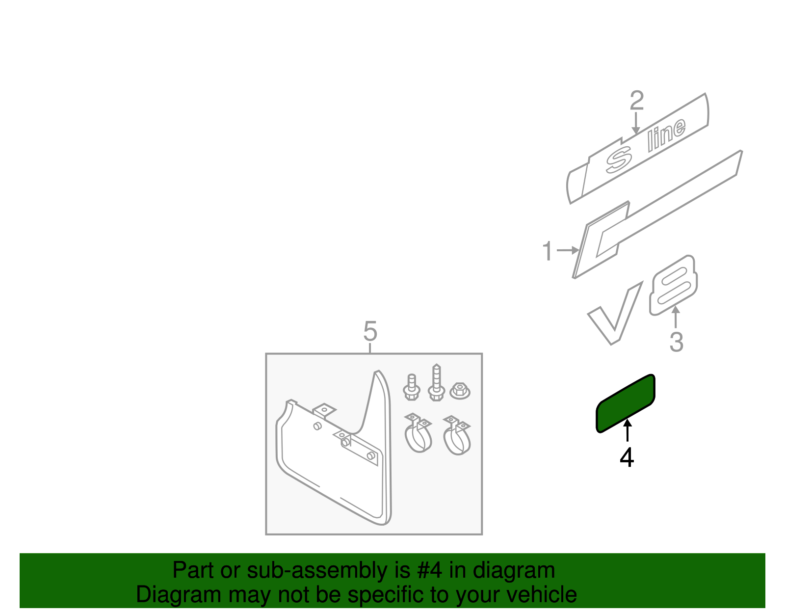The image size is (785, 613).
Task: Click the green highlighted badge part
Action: [626, 403]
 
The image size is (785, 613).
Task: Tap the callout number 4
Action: [627, 458]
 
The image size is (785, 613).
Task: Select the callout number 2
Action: [636, 101]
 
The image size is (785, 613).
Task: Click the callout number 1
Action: [548, 251]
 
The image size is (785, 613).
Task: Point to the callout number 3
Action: [676, 342]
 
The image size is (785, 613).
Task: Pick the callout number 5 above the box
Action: [370, 331]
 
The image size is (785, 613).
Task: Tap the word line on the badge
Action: [666, 133]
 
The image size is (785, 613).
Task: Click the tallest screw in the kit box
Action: [436, 383]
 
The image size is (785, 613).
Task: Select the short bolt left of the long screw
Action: [412, 387]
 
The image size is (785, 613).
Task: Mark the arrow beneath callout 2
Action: [636, 123]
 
